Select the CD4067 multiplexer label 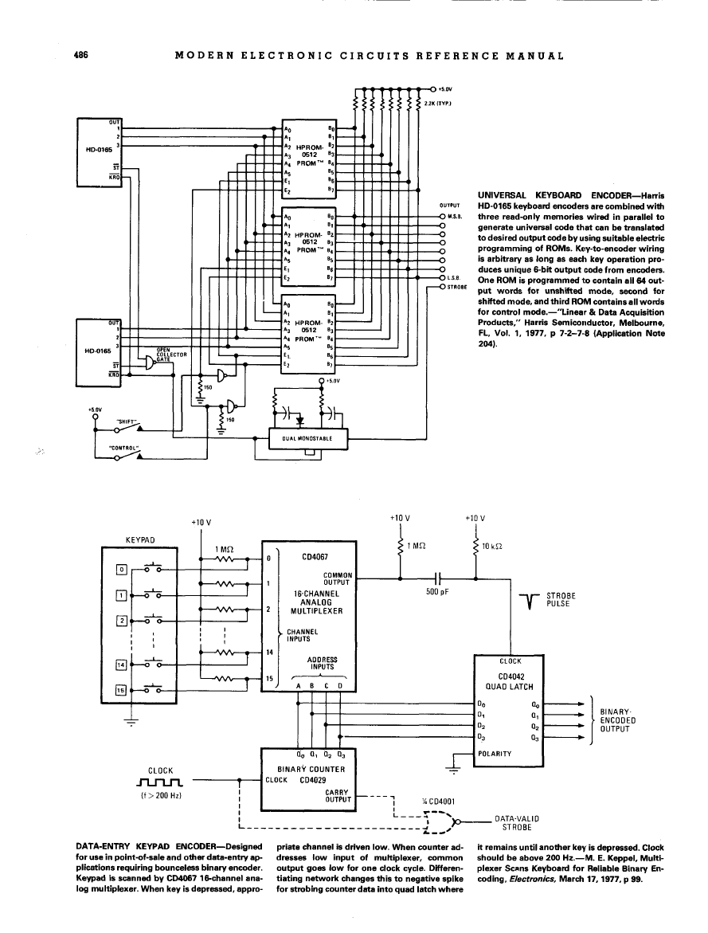coord(311,558)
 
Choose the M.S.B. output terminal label coord(456,216)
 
